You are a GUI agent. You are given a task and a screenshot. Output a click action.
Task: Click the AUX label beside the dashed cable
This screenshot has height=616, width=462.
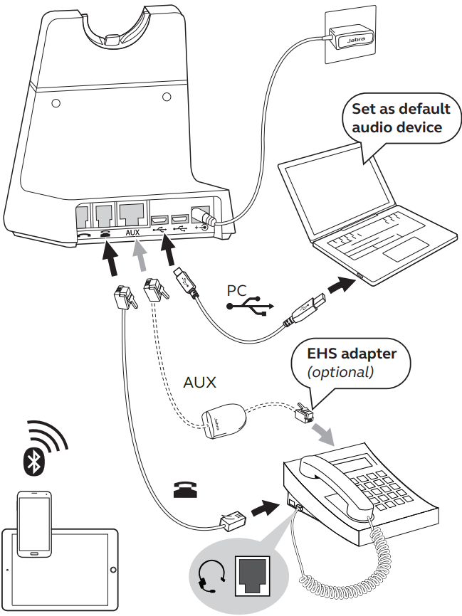(x=199, y=382)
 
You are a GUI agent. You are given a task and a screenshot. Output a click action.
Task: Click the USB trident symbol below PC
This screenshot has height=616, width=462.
(x=248, y=307)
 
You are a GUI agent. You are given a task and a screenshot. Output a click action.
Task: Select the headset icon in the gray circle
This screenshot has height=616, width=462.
(x=212, y=575)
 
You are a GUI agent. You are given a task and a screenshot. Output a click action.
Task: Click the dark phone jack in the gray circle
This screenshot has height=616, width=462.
(x=253, y=574)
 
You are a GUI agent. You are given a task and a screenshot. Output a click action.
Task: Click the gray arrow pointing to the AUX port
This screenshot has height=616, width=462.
(x=141, y=257)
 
